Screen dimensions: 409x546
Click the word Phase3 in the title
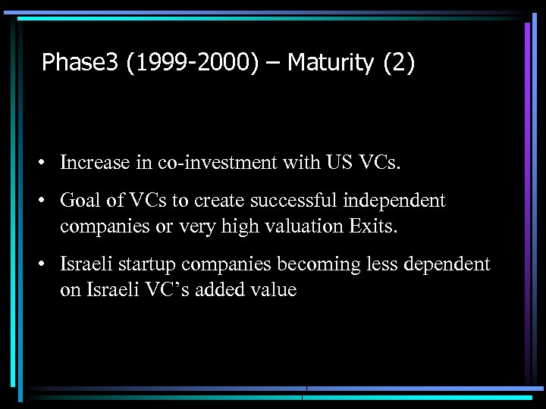point(80,62)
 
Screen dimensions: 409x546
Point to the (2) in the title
point(399,62)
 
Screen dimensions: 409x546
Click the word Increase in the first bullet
point(93,162)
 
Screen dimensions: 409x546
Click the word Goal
point(80,201)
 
